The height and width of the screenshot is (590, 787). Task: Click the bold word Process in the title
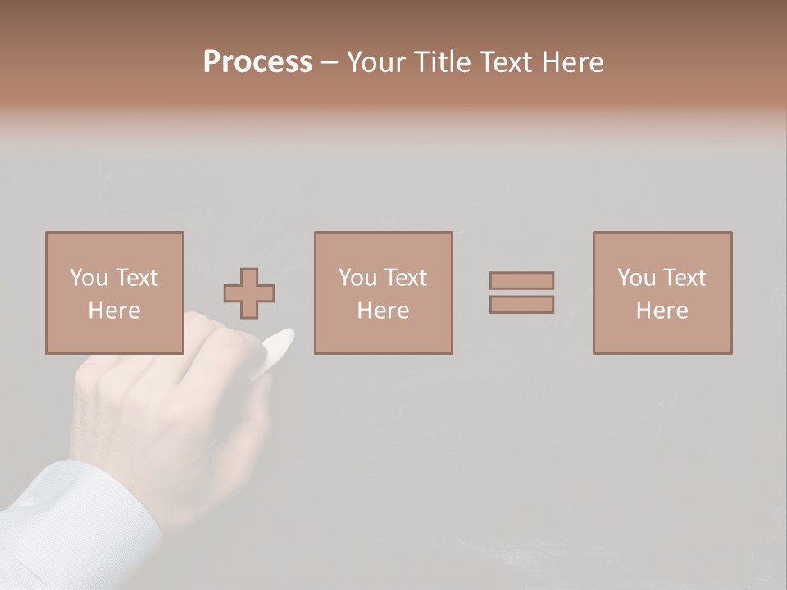pos(257,62)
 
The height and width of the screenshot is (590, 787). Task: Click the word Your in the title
pos(376,62)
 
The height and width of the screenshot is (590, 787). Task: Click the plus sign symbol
pos(249,293)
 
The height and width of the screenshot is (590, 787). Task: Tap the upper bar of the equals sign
pos(521,280)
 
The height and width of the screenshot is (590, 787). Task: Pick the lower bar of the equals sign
pos(521,304)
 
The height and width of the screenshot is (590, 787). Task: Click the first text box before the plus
pos(114,293)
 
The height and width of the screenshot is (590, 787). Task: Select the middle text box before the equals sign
pos(383,293)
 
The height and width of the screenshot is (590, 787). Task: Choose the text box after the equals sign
pos(662,293)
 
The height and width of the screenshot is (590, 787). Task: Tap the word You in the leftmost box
pos(89,278)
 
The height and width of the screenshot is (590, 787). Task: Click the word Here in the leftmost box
pos(114,311)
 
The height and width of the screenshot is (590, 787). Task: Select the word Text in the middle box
pos(405,278)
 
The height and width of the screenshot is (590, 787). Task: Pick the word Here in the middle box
pos(383,311)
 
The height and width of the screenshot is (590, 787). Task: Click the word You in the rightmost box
pos(636,278)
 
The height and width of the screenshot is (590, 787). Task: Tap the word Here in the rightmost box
pos(662,311)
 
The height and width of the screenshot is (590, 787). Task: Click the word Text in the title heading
pos(500,62)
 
